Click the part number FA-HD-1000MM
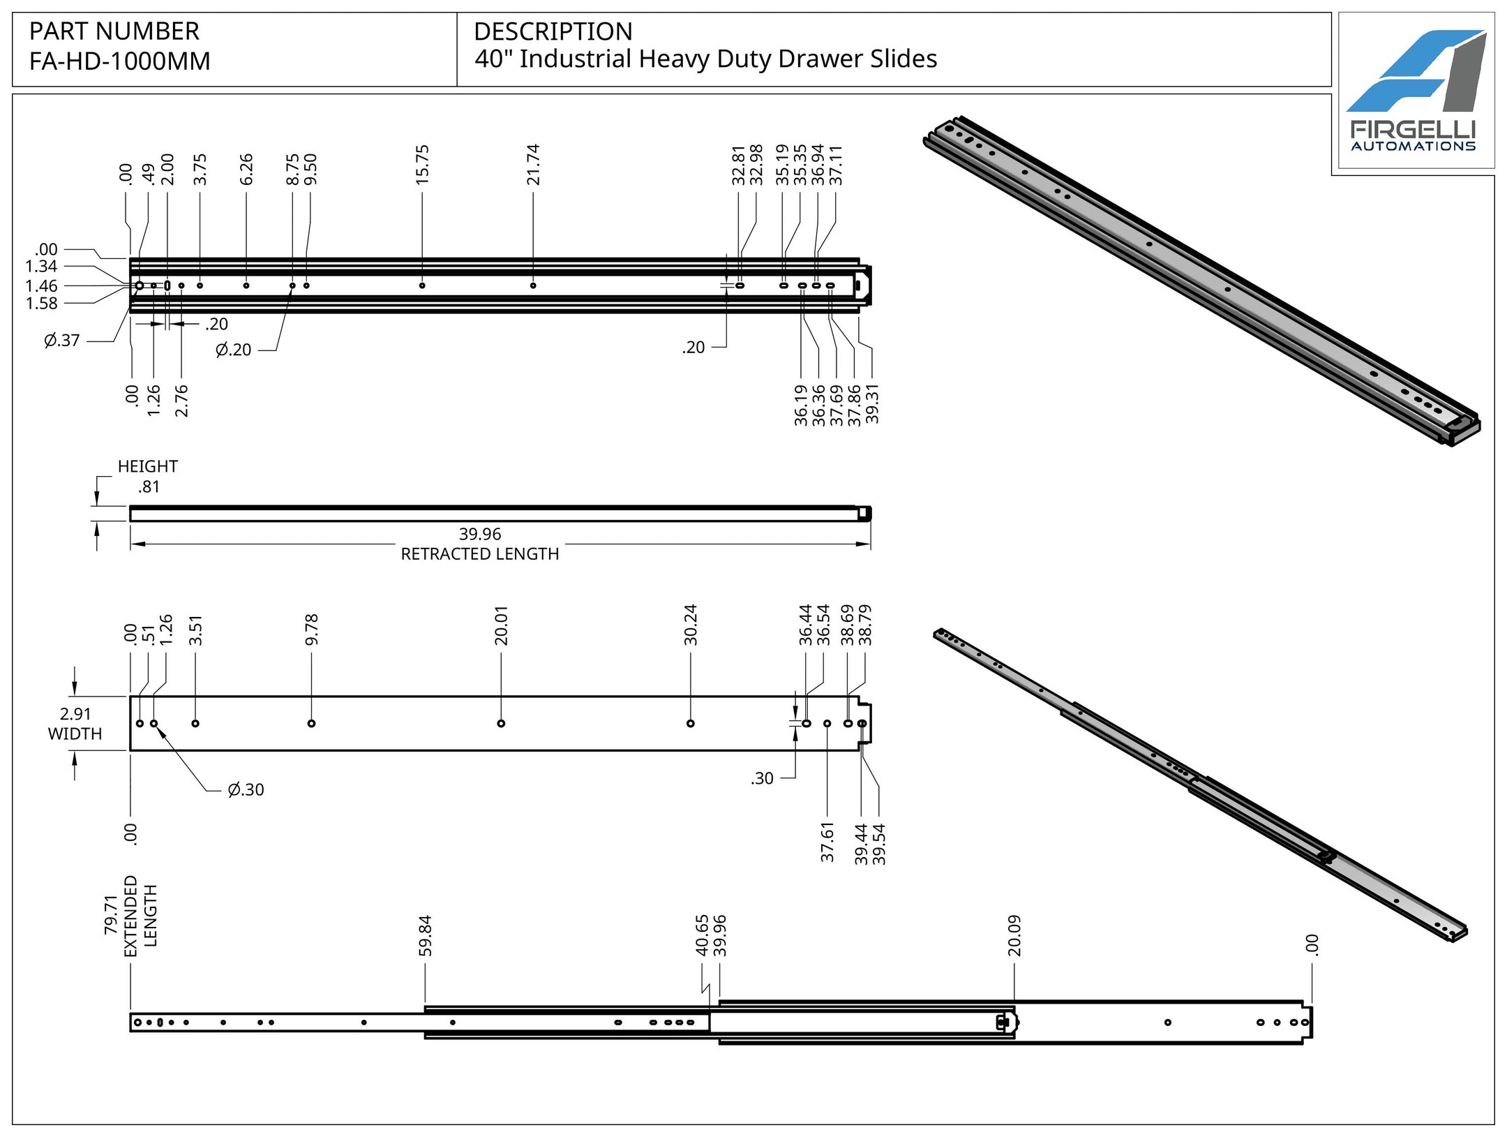point(119,61)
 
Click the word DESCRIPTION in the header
point(553,31)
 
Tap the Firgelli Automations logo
point(1415,91)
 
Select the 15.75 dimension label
point(422,165)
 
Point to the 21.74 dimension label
point(533,165)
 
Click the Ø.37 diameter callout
point(61,341)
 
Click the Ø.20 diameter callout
point(233,350)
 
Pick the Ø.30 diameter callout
point(246,790)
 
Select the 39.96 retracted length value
point(480,534)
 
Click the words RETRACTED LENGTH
point(480,554)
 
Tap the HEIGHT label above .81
point(147,466)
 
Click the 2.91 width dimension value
point(75,714)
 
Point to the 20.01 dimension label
point(501,625)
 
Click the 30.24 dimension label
point(691,625)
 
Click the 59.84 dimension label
point(425,935)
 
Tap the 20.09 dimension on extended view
point(1014,935)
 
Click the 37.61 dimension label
point(827,842)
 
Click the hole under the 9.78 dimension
point(311,723)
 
